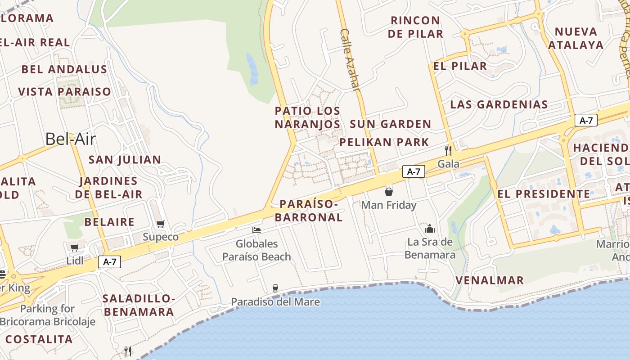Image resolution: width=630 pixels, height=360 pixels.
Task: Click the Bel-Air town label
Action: point(71,139)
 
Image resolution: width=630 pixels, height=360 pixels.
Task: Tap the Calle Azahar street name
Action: point(351,60)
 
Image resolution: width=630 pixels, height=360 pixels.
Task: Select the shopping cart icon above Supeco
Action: point(161,224)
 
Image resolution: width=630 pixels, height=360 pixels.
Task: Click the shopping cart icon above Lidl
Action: point(75,247)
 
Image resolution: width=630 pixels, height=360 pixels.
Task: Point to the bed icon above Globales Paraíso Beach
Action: point(256,230)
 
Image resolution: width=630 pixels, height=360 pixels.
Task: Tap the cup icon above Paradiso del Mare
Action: point(275,288)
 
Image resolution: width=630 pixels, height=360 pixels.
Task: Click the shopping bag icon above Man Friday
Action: point(389,192)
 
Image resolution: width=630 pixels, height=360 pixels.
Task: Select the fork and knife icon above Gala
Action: point(448,150)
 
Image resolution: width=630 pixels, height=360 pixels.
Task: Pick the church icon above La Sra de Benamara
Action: point(430,229)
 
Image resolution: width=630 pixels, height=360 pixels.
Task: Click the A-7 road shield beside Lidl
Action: point(110,262)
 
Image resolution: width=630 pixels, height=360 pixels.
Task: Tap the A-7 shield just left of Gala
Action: point(414,171)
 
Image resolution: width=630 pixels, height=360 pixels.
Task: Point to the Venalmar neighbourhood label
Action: point(490,280)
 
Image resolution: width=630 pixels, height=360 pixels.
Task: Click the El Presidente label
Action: point(544,194)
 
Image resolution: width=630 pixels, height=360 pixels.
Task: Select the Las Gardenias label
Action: point(499,105)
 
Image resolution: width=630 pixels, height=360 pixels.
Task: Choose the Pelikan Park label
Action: point(384,143)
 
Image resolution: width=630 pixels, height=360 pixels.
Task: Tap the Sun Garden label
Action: point(391,124)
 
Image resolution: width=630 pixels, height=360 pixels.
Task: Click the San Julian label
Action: point(125,160)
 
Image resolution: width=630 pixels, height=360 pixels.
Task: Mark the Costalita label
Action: point(39,339)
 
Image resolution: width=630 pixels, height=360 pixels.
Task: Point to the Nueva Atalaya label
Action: point(576,38)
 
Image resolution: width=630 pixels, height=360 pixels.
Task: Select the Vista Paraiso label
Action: point(64,92)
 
